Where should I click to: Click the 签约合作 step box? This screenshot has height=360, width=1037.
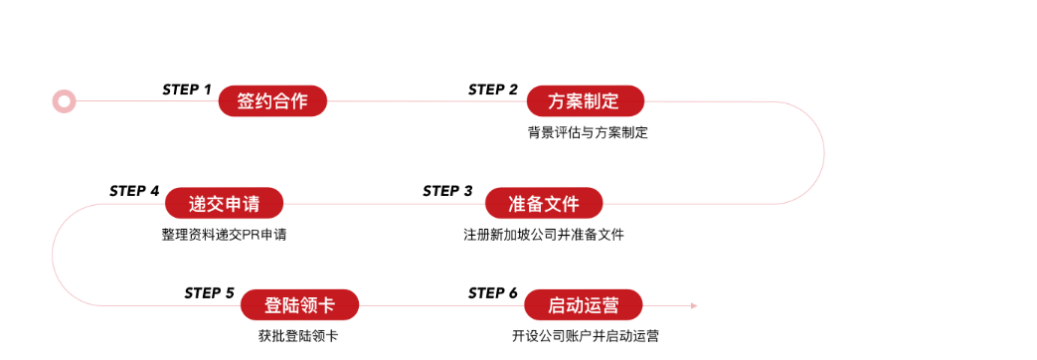(272, 100)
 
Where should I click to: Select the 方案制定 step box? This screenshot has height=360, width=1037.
(585, 100)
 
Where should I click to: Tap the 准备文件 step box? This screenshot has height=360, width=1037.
(543, 204)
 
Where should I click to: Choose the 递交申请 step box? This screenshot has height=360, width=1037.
(224, 204)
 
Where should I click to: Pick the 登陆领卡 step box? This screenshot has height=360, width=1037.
(298, 305)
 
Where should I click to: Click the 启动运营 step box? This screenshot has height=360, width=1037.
(583, 305)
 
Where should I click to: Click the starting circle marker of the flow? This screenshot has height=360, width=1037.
(65, 100)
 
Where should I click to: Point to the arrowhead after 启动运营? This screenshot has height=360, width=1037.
(694, 305)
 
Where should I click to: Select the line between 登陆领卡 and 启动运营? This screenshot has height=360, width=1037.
(440, 305)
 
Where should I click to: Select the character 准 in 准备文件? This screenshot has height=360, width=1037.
(517, 204)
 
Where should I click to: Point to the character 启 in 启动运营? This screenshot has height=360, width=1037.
(557, 305)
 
